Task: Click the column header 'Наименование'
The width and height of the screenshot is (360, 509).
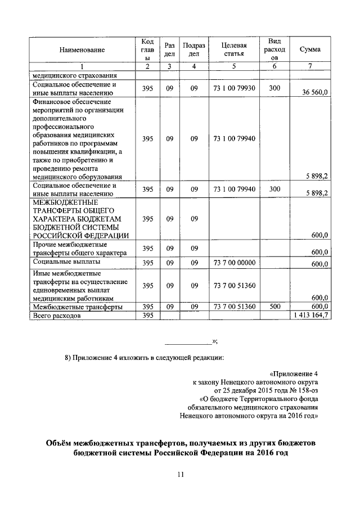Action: tap(82, 50)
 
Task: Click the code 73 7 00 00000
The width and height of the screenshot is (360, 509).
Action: tap(235, 263)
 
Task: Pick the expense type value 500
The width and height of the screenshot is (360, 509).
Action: tap(274, 307)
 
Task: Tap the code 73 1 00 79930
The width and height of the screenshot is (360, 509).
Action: tap(235, 88)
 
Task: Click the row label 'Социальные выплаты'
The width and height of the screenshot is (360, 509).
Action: tap(67, 262)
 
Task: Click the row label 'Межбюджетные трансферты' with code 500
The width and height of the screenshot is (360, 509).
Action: tap(78, 307)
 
